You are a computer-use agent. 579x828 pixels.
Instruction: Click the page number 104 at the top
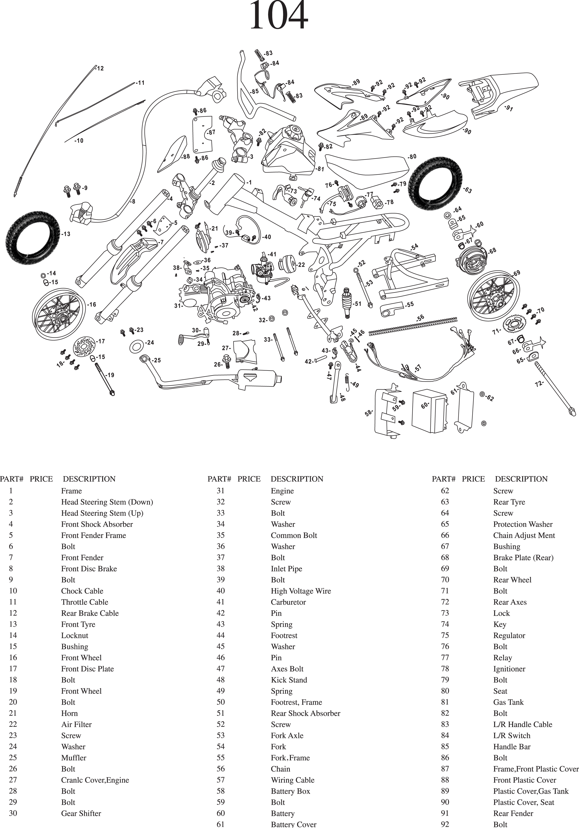click(x=278, y=16)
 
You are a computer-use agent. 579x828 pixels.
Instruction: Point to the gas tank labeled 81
click(x=289, y=152)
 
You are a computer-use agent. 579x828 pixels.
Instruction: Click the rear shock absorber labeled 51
click(x=347, y=303)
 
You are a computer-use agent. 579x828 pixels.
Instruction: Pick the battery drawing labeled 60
click(x=430, y=411)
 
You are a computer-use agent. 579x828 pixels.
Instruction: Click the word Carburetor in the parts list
click(x=288, y=602)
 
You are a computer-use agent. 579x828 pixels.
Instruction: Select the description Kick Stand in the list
click(x=289, y=680)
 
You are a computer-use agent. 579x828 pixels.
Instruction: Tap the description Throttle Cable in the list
click(x=84, y=602)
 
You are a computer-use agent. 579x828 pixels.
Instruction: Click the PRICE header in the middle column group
click(x=249, y=479)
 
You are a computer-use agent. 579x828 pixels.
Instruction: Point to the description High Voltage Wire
click(x=301, y=591)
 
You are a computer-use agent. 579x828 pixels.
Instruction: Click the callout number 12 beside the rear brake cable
click(x=100, y=69)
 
